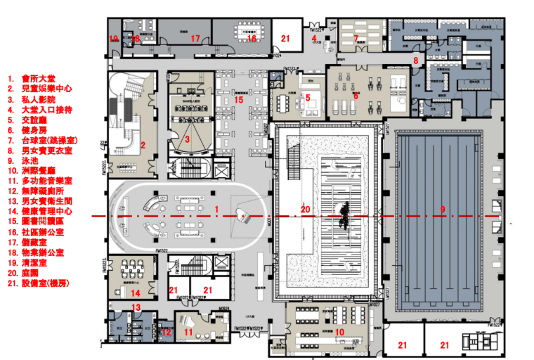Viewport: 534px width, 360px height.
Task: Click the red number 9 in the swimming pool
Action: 443,209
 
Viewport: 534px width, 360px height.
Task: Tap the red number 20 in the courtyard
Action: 305,209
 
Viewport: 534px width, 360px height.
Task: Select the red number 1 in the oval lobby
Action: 217,209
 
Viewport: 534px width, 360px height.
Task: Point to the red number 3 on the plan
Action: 188,140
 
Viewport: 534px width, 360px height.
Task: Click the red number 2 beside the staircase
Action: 143,146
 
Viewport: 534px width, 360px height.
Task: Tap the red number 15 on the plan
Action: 238,101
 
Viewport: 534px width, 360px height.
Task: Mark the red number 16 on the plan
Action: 251,38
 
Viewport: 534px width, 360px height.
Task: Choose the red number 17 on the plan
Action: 196,39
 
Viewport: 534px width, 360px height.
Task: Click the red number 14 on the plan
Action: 136,292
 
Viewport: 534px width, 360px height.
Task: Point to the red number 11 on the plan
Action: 188,332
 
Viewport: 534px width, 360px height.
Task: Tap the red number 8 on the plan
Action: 415,61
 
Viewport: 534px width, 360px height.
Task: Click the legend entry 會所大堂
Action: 41,79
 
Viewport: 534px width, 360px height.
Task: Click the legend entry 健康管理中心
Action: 51,212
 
